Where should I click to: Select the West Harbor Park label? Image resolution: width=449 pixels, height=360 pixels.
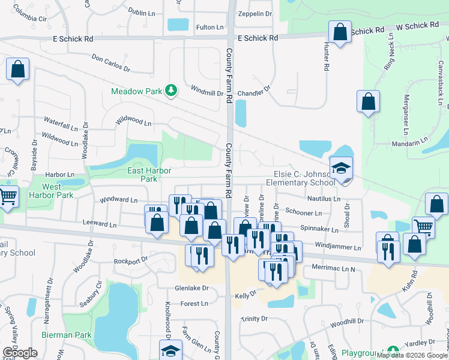(x=52, y=191)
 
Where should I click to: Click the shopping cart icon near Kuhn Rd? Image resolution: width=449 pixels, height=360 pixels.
(x=424, y=227)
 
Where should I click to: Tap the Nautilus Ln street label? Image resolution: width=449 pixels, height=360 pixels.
(x=325, y=199)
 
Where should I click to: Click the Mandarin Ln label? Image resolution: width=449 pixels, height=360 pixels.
(x=409, y=144)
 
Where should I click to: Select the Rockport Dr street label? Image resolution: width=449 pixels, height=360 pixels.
(x=131, y=261)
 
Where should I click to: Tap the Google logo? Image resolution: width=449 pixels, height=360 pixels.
(x=20, y=352)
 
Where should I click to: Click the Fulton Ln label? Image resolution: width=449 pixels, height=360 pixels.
(x=209, y=27)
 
